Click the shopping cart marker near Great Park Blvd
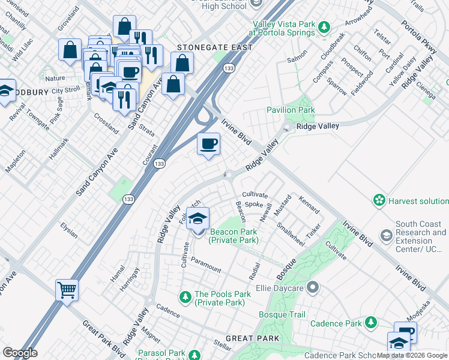click(67, 290)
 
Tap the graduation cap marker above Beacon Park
click(197, 219)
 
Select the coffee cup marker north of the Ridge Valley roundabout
click(208, 145)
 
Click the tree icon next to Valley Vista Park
click(325, 27)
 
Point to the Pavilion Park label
click(291, 110)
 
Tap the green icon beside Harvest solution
click(379, 200)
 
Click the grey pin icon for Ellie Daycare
click(312, 288)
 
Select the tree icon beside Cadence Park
click(372, 323)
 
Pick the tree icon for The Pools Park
click(185, 296)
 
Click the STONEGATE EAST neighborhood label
click(214, 47)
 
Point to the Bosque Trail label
click(282, 314)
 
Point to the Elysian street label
click(69, 230)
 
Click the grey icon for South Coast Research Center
click(386, 236)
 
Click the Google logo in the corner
click(20, 353)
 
